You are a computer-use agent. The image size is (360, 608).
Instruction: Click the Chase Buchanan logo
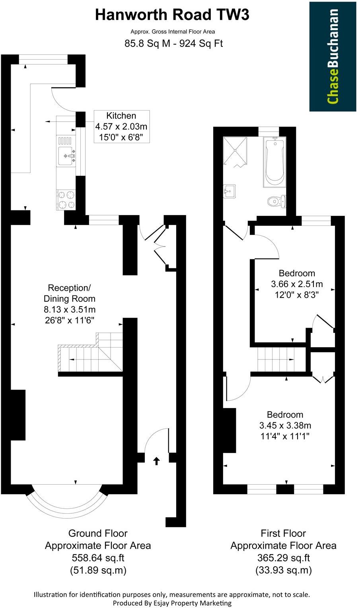[x=333, y=56]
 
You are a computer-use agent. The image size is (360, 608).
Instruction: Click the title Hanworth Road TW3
[x=172, y=15]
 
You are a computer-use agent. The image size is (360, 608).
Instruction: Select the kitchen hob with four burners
[x=66, y=200]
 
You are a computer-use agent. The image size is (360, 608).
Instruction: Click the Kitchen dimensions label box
[x=121, y=126]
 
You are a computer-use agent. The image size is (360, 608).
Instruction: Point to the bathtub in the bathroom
[x=274, y=162]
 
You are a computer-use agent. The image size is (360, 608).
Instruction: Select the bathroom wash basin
[x=230, y=191]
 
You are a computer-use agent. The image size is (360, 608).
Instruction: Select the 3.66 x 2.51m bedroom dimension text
[x=297, y=284]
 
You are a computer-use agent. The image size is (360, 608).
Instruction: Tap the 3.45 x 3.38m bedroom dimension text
[x=285, y=425]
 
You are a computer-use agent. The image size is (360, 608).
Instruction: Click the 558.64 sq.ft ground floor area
[x=97, y=558]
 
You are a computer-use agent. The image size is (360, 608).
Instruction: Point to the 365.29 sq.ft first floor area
[x=283, y=558]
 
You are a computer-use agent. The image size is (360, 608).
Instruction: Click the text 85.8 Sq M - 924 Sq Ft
[x=173, y=43]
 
